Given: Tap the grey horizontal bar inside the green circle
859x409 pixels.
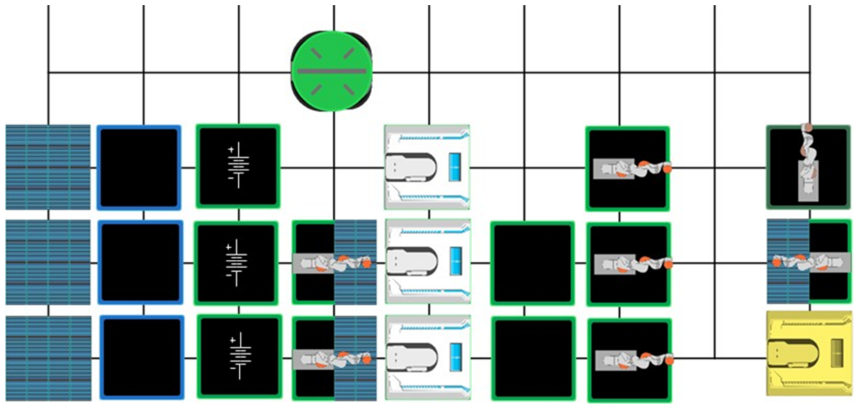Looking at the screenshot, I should [x=332, y=72].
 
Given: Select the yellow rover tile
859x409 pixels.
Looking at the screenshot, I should [x=809, y=353].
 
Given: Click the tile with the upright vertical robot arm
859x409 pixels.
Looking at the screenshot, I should [x=808, y=167].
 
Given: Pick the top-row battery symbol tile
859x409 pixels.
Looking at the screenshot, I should [x=238, y=166].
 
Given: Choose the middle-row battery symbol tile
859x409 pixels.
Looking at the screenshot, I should [x=236, y=263].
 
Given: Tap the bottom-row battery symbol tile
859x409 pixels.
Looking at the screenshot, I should [x=239, y=356].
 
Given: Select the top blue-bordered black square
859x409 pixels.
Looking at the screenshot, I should [x=139, y=168].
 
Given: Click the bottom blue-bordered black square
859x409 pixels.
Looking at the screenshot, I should [x=142, y=357].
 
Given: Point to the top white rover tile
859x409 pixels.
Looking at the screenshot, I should [x=427, y=167].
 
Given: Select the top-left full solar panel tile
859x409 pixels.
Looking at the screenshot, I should [x=48, y=167].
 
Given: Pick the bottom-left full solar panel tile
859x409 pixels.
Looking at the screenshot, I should [x=48, y=358].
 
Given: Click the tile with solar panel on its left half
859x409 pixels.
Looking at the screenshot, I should [x=809, y=262].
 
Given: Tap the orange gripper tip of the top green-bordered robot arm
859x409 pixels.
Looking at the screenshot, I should [x=667, y=169].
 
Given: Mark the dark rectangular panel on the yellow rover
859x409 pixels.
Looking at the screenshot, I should [x=837, y=353].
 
